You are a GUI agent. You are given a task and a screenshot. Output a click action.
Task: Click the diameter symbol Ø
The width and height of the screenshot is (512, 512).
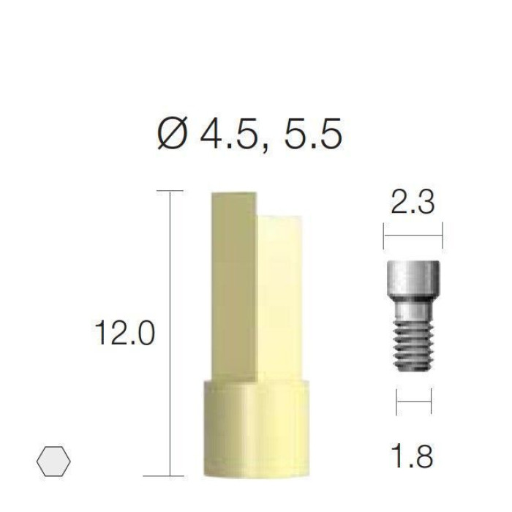pyautogui.click(x=172, y=133)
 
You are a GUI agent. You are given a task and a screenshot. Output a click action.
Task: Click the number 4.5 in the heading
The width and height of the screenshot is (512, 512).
pyautogui.click(x=228, y=133)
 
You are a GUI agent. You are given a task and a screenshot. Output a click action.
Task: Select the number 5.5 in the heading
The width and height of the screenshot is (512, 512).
pyautogui.click(x=313, y=133)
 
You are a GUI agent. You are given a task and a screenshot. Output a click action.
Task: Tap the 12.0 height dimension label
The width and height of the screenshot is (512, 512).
pyautogui.click(x=125, y=333)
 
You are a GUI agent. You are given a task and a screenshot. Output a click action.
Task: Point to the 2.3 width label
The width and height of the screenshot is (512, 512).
pyautogui.click(x=413, y=202)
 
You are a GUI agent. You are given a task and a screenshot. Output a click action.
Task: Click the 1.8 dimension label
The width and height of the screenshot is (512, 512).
pyautogui.click(x=412, y=456)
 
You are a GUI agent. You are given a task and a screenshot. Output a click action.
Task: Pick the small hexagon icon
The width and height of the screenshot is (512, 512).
pyautogui.click(x=53, y=461)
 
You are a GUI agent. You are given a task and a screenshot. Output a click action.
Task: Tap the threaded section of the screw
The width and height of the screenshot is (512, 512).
pyautogui.click(x=413, y=346)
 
